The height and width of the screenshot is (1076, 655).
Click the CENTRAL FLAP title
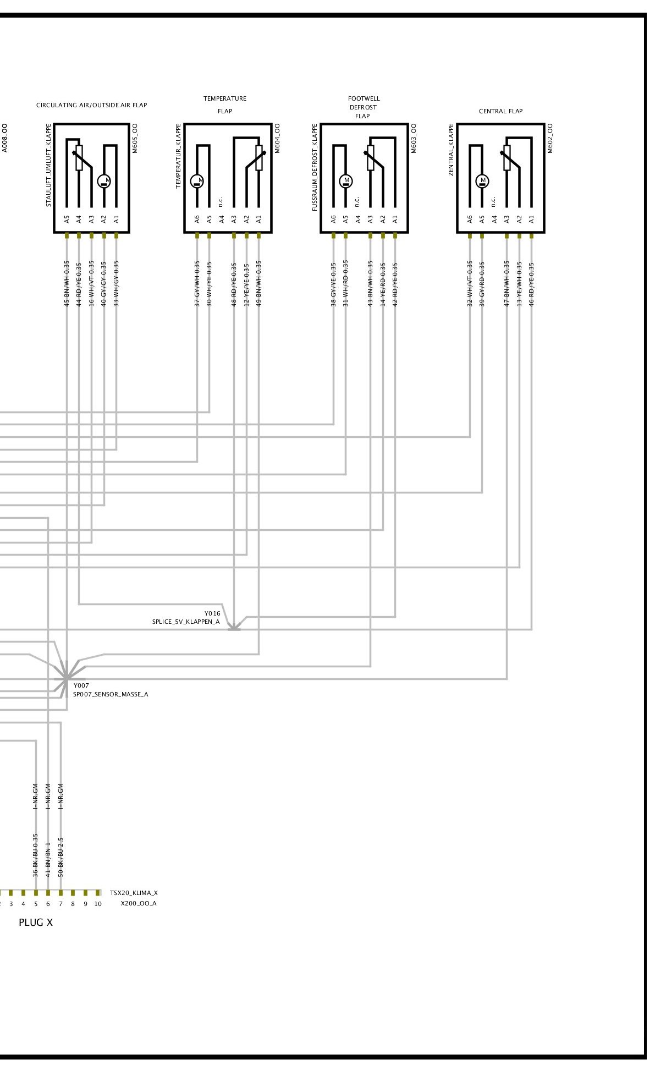click(500, 111)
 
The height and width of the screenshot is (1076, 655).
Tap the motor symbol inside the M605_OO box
click(104, 180)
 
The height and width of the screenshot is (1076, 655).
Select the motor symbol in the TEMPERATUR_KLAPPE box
click(197, 180)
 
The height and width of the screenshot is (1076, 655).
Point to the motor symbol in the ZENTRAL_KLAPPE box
click(482, 180)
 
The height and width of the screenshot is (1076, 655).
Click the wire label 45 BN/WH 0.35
click(67, 283)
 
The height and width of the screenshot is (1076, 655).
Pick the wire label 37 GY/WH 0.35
click(197, 283)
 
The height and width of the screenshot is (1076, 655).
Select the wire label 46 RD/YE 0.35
click(531, 283)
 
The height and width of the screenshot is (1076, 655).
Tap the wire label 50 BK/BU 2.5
click(60, 856)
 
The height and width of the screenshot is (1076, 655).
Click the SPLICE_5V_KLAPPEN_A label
click(186, 622)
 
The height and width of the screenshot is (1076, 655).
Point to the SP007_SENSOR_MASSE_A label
click(111, 694)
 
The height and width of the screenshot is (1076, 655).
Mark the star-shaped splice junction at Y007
click(66, 675)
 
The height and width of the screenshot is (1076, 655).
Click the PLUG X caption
click(36, 923)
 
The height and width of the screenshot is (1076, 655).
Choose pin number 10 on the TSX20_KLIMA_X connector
click(98, 904)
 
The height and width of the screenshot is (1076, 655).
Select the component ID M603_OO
click(414, 138)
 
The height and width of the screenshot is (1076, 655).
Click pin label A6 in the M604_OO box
click(197, 219)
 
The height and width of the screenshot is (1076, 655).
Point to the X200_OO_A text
click(139, 903)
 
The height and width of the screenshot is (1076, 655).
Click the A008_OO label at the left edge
click(4, 138)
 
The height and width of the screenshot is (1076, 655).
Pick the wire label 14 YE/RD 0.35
click(383, 283)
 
